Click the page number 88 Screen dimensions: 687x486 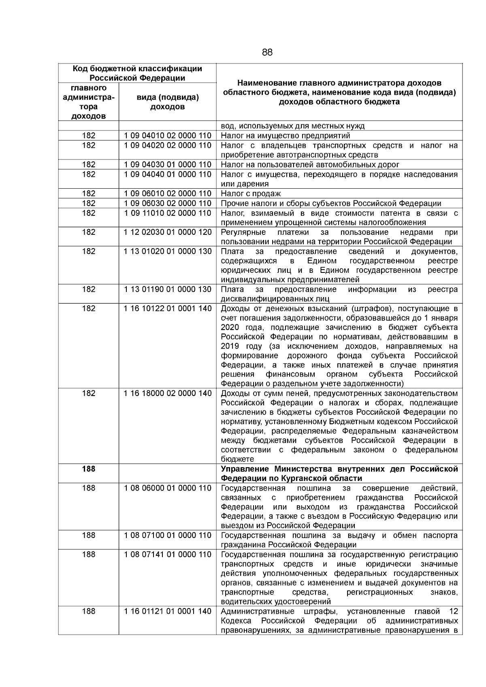[267, 52]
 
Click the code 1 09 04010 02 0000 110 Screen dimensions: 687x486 [168, 136]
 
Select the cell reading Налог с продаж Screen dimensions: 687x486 [251, 194]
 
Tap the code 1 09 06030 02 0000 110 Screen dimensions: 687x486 [168, 203]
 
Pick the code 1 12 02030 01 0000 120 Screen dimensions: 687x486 [168, 232]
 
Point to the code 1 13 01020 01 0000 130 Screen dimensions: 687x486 [168, 251]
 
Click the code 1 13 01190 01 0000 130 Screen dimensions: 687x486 [168, 289]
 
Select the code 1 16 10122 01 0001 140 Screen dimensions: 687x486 [168, 308]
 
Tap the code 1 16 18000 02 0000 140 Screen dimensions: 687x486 [168, 393]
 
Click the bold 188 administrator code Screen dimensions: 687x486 [88, 469]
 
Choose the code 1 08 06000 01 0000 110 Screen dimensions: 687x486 [168, 488]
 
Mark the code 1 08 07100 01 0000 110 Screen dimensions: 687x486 [168, 535]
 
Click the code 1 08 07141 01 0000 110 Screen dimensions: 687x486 [168, 554]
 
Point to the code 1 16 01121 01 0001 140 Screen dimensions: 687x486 [168, 611]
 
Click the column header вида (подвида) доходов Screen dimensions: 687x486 [168, 102]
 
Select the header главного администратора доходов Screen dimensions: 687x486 [88, 102]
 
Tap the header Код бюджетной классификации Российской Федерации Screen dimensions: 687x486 [137, 73]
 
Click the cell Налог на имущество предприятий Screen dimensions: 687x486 [286, 136]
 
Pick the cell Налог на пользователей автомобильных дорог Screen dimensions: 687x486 [310, 164]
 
